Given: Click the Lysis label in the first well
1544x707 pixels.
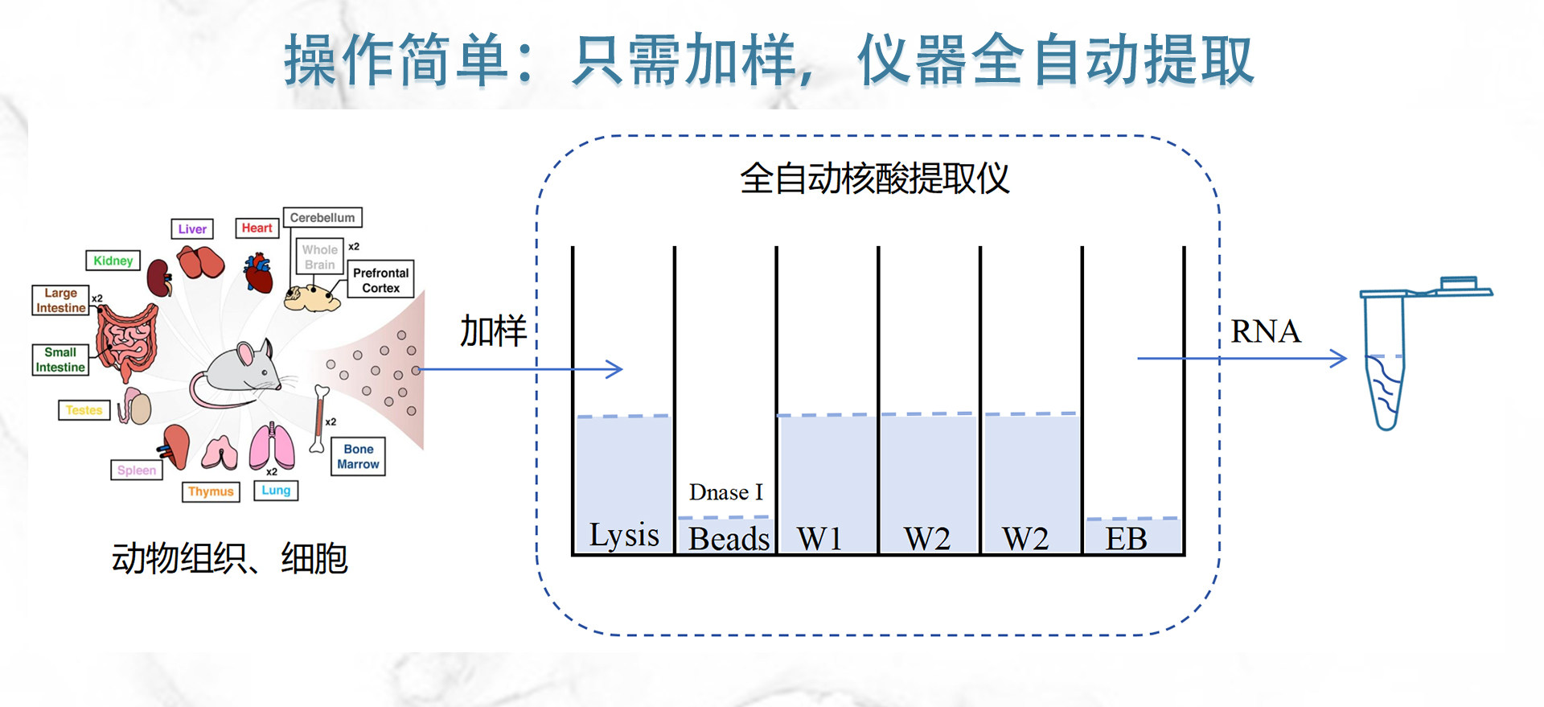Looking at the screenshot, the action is tap(624, 536).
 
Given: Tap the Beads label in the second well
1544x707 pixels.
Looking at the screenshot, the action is tap(729, 538).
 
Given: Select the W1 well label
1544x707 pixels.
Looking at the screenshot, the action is tap(819, 538).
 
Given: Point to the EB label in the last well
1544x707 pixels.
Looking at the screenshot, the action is tap(1126, 538).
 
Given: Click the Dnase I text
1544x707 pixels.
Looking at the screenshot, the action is tap(725, 491).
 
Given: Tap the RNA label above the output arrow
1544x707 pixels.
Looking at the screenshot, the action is tap(1266, 331).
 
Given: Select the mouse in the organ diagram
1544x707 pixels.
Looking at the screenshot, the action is tap(236, 374).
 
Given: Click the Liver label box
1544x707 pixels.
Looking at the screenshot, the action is tap(192, 229).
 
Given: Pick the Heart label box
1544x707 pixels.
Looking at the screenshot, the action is tap(257, 228).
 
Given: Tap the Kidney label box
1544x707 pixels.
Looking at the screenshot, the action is tap(113, 261).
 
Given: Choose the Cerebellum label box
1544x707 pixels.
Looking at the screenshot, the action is tap(322, 218).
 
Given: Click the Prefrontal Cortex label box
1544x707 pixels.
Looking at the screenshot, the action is tap(380, 279).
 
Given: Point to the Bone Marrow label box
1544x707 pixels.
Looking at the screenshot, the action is tap(358, 456).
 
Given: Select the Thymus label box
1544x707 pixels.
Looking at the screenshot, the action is tap(211, 491).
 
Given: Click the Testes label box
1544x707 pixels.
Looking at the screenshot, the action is tap(84, 410).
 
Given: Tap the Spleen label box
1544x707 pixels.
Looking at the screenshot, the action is tap(137, 470).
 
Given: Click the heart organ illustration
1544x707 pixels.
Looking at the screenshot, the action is tap(259, 273).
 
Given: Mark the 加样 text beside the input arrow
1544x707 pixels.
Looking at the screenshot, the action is tap(493, 331).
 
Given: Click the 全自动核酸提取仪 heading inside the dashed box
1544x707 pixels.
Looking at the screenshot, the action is tap(874, 179).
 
